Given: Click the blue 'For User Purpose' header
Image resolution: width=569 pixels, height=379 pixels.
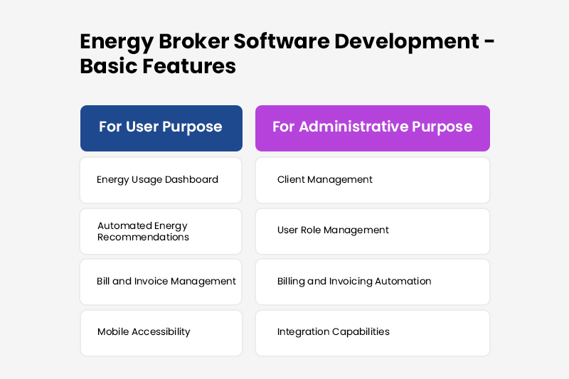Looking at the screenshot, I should pos(161,128).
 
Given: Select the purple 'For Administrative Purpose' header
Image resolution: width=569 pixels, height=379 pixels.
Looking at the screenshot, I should pos(372,128).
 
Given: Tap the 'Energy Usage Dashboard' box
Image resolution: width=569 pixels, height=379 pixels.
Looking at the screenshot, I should pos(161,180).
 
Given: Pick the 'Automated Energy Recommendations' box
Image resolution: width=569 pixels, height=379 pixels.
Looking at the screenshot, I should pos(161,231).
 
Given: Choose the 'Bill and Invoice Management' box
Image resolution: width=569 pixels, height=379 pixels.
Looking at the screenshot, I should pos(161,282).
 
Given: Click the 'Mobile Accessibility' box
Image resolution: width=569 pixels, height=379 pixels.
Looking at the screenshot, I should pos(161,332).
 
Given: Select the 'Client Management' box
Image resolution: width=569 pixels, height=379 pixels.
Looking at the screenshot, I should pos(372,180).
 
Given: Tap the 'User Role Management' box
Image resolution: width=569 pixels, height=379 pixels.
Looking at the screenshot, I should pos(372,230).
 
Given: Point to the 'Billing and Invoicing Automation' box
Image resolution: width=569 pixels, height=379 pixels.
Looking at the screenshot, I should pos(372,282).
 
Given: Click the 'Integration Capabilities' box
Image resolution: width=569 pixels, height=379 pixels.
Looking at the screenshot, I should pos(372,332).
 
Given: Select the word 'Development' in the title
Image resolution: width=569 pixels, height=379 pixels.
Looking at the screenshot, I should pos(405,41).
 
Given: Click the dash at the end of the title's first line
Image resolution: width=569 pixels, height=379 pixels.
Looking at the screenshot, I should pos(489,41).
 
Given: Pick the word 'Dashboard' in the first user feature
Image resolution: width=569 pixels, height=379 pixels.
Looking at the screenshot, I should pos(191,180).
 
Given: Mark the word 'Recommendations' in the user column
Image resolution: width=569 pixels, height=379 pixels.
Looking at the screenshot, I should pos(143,237).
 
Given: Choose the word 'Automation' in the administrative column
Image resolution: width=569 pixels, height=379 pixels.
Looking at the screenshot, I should pos(404,282).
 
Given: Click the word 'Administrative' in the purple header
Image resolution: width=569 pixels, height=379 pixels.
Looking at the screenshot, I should pos(353,127).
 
